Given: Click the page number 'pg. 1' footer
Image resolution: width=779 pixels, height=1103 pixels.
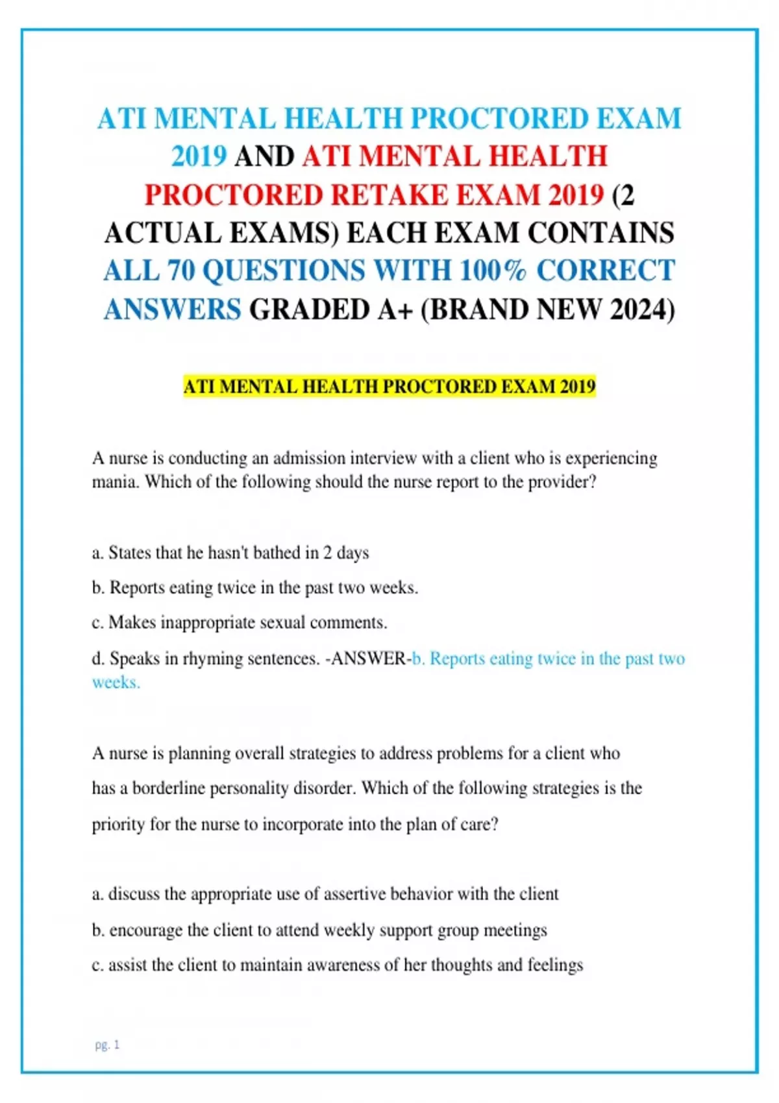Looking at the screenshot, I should [107, 1045].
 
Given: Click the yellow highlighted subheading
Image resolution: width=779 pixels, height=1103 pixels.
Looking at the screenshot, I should [389, 387].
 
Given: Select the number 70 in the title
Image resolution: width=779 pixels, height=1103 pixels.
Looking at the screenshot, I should [181, 271].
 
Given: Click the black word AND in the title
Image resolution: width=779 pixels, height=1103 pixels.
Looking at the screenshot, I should [264, 156].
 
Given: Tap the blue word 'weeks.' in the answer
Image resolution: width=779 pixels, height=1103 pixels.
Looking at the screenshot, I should [116, 683].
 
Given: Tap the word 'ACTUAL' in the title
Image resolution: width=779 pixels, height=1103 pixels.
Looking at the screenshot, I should [162, 233].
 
